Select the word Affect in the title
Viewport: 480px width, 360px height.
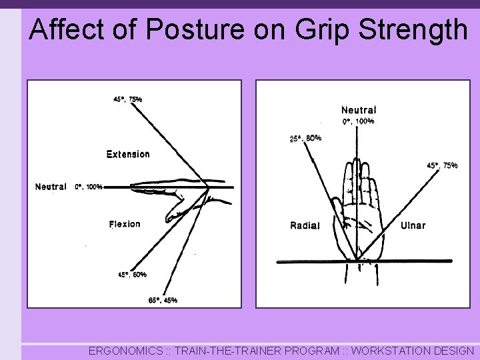[63, 29]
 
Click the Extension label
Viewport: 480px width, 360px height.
[128, 154]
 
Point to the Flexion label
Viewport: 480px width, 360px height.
[125, 224]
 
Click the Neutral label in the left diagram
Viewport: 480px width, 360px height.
[51, 187]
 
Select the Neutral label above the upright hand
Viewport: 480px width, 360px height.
[359, 110]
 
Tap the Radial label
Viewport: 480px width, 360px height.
[305, 225]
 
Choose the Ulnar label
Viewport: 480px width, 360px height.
[413, 225]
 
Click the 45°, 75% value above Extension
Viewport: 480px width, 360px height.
[127, 99]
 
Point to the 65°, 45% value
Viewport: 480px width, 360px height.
[163, 300]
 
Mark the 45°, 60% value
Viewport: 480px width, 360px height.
[133, 274]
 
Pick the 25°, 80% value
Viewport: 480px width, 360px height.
[305, 139]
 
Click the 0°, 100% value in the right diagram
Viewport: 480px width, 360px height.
[358, 121]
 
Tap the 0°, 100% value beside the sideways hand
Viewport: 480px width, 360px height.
[88, 187]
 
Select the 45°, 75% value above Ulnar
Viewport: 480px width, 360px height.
[441, 165]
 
